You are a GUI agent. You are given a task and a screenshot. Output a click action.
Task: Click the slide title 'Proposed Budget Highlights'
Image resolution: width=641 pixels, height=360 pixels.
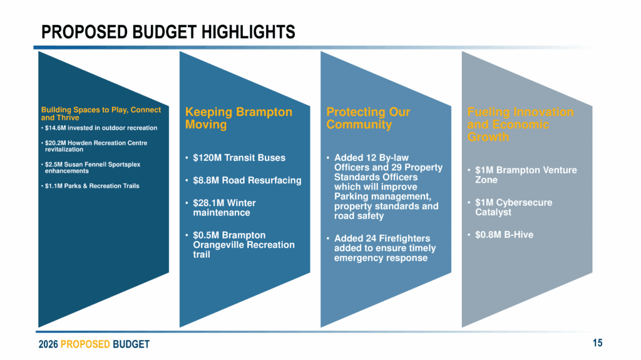(168, 31)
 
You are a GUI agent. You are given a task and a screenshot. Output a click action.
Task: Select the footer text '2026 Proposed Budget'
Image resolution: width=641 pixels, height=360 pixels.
(94, 344)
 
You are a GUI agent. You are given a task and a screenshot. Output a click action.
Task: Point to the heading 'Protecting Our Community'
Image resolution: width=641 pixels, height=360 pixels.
(368, 118)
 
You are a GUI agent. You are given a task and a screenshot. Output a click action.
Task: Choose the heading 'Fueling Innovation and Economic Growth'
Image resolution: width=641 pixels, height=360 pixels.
(520, 124)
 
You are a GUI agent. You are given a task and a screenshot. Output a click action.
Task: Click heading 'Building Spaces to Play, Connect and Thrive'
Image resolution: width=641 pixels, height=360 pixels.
(101, 113)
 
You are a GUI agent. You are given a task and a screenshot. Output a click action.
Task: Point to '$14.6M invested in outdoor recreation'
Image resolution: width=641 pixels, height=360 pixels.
(101, 128)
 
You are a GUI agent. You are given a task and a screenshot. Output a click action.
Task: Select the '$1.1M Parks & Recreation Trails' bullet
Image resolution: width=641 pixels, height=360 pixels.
(92, 186)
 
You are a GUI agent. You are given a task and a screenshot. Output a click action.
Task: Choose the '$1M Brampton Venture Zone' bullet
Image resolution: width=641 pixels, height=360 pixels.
(525, 175)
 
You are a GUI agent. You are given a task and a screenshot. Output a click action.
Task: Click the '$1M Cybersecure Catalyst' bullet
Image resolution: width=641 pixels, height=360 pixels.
(513, 207)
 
